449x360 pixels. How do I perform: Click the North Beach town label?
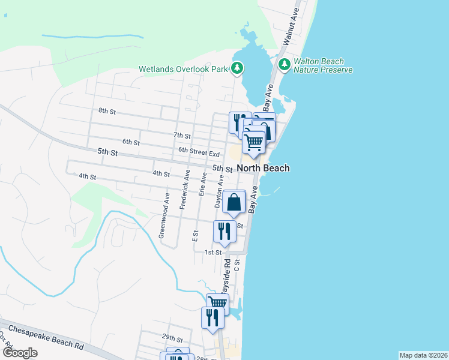pyautogui.click(x=263, y=168)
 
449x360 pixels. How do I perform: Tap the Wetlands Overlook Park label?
pyautogui.click(x=183, y=69)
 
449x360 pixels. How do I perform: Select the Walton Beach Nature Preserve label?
pyautogui.click(x=323, y=65)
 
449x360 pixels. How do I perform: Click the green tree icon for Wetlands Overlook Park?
pyautogui.click(x=238, y=68)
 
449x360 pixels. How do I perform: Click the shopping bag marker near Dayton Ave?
pyautogui.click(x=234, y=202)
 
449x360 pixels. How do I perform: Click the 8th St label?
pyautogui.click(x=107, y=111)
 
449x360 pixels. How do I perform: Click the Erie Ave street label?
pyautogui.click(x=202, y=185)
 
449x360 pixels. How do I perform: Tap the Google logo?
pyautogui.click(x=20, y=353)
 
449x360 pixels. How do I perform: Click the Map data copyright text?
pyautogui.click(x=423, y=355)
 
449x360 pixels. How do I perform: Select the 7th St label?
pyautogui.click(x=181, y=136)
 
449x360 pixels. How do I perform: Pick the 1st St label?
pyautogui.click(x=213, y=253)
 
